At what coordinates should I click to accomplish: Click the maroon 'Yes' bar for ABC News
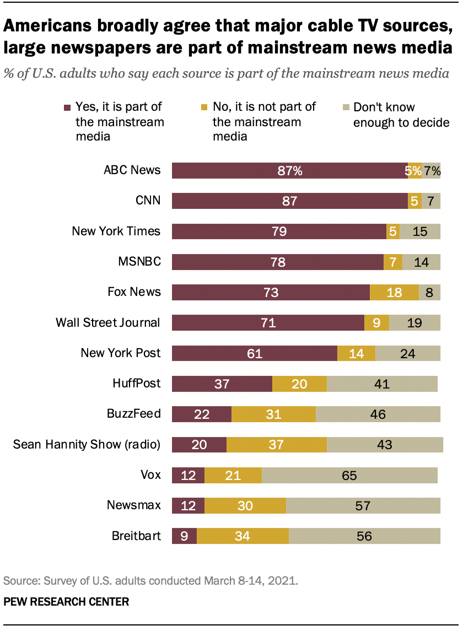coord(289,171)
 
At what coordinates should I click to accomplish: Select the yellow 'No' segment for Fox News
coord(394,292)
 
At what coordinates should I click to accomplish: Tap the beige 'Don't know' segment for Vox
coord(349,475)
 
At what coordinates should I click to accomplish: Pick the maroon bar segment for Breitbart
coord(184,536)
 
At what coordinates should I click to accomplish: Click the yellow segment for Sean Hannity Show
coord(277,444)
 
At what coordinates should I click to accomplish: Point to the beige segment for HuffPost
coord(382,384)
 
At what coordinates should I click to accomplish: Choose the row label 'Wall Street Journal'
coord(108,322)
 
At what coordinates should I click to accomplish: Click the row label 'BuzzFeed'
coord(133,414)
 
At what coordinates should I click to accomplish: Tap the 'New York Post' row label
coord(121,353)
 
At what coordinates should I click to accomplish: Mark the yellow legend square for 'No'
coord(204,108)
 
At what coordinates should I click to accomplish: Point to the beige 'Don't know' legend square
coord(344,108)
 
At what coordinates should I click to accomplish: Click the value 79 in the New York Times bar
coord(279,231)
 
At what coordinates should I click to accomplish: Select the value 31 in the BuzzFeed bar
coord(273,414)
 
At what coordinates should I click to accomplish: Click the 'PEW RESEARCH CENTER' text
coord(66,602)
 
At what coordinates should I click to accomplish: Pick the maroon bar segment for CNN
coord(289,201)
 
